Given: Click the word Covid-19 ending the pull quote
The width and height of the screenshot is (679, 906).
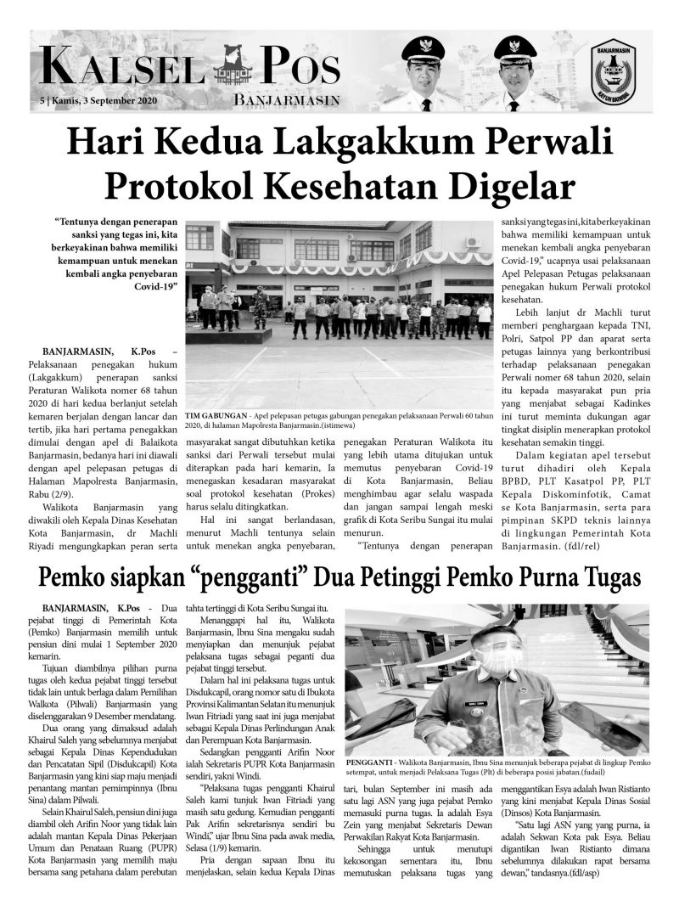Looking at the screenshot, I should click(x=155, y=287).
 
